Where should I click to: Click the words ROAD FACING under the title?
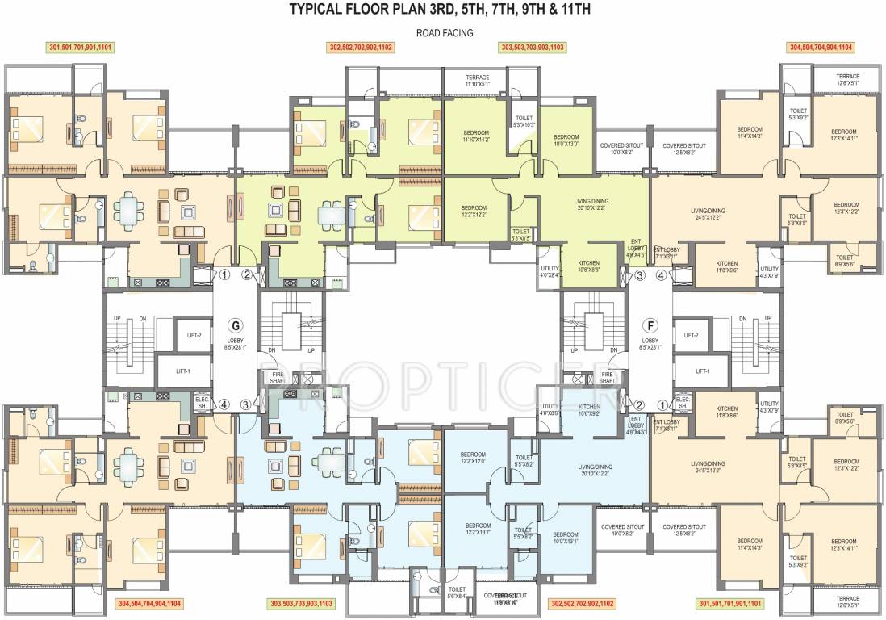tap(444, 33)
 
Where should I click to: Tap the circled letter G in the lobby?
tap(236, 326)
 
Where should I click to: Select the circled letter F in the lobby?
tap(649, 326)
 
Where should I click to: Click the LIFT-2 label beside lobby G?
tap(194, 334)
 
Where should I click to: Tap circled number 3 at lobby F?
tap(639, 275)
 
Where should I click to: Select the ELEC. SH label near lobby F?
tap(682, 402)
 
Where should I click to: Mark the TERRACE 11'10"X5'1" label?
tap(477, 81)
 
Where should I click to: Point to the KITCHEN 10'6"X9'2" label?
tap(589, 410)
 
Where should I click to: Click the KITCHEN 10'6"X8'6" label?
tap(589, 267)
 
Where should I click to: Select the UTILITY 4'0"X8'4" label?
tap(550, 271)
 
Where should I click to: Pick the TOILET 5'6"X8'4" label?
tap(457, 593)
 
